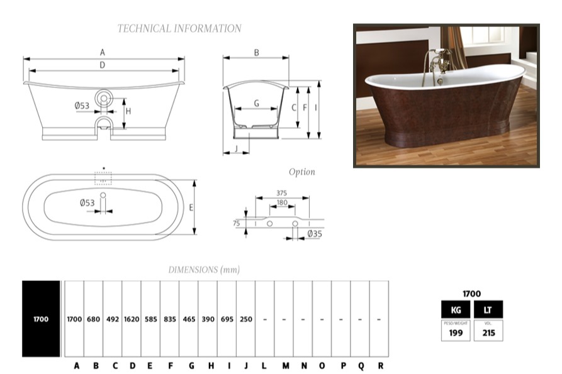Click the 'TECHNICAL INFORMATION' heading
click(179, 28)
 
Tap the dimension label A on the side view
click(103, 53)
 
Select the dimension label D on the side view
click(103, 65)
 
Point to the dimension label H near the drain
click(128, 111)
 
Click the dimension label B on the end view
click(257, 53)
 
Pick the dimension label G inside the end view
click(257, 104)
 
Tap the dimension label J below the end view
click(236, 148)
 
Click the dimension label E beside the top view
click(191, 207)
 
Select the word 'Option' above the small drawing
click(302, 172)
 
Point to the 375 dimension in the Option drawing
click(282, 193)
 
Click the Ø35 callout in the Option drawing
click(315, 234)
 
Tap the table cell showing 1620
click(132, 319)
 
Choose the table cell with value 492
click(113, 319)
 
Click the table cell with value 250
click(246, 319)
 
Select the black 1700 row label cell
click(41, 319)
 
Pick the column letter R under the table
click(381, 366)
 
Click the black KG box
click(456, 310)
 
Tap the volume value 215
click(488, 333)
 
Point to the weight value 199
click(456, 333)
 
